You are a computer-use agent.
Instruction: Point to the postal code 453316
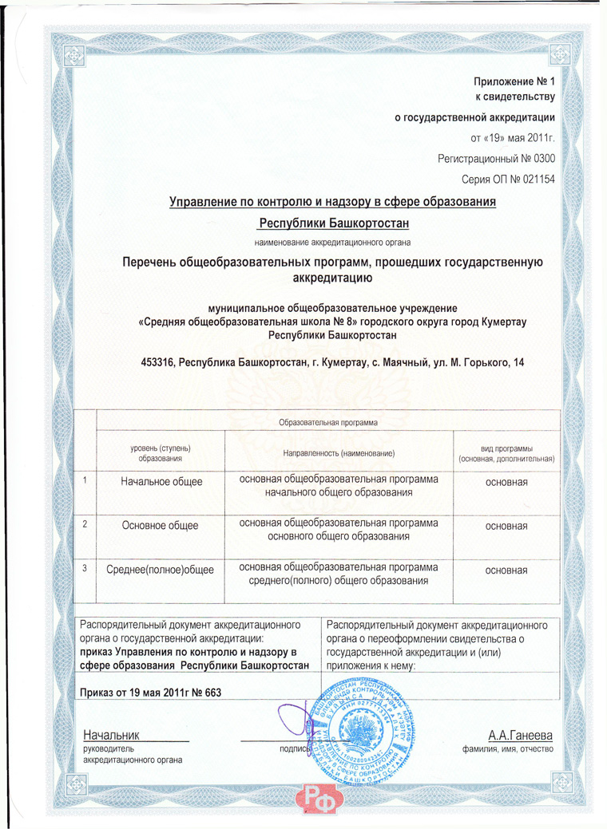coord(158,363)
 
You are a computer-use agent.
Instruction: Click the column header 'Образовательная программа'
coord(327,420)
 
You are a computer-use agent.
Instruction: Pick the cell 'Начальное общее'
coord(161,482)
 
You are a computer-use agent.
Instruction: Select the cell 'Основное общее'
coord(160,525)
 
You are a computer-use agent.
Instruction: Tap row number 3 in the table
coord(85,567)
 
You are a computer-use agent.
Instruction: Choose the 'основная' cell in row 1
coord(506,482)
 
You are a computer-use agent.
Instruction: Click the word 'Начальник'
coord(111,735)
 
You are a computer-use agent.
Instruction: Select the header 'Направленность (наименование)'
coord(339,453)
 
